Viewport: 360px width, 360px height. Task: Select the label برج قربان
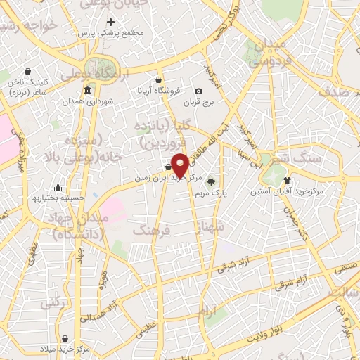click(x=199, y=103)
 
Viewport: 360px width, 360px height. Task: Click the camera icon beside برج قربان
click(x=199, y=91)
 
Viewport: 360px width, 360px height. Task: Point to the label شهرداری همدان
click(x=86, y=102)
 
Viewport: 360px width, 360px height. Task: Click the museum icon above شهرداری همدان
click(x=87, y=91)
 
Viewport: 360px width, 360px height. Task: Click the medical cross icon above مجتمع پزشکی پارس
click(x=110, y=22)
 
